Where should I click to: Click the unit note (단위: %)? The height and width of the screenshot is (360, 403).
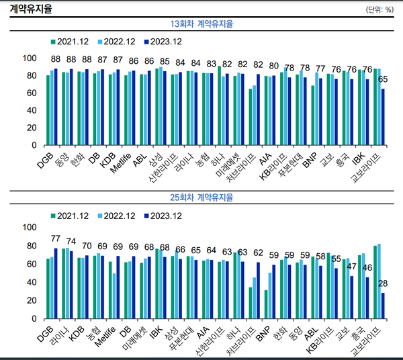(379, 9)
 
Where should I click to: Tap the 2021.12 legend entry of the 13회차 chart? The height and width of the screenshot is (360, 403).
(70, 41)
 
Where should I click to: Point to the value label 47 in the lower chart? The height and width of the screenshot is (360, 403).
(351, 267)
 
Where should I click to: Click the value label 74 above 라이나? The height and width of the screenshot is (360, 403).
(71, 242)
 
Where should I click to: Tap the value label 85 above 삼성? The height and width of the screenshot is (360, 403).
(165, 60)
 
